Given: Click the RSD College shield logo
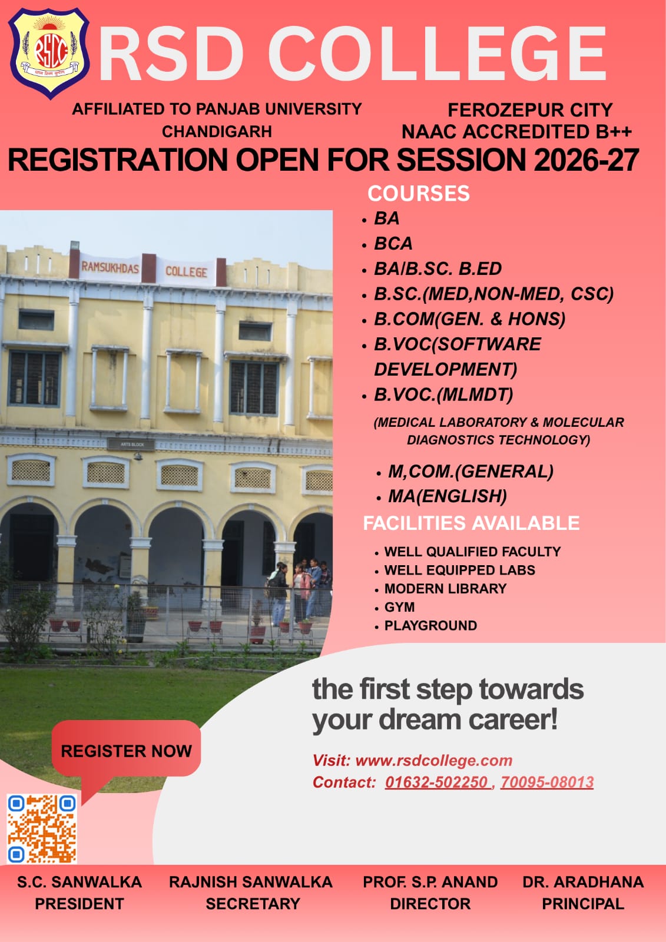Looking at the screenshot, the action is pyautogui.click(x=48, y=52).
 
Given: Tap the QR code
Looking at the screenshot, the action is pyautogui.click(x=42, y=828).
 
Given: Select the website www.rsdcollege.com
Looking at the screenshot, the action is pyautogui.click(x=434, y=760).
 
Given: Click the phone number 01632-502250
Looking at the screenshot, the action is pyautogui.click(x=437, y=782).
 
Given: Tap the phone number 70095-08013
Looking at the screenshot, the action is pyautogui.click(x=547, y=782).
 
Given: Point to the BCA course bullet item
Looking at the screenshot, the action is pyautogui.click(x=393, y=244).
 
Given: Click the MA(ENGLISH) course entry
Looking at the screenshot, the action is pyautogui.click(x=447, y=496).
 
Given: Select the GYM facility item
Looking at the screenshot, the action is pyautogui.click(x=399, y=607).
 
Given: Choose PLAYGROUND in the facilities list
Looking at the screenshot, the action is pyautogui.click(x=430, y=626).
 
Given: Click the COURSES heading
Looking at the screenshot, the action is pyautogui.click(x=419, y=194).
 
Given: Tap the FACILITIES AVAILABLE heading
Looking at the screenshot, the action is pyautogui.click(x=471, y=523).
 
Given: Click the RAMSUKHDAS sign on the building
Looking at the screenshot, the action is pyautogui.click(x=110, y=268).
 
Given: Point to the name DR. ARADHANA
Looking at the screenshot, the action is pyautogui.click(x=583, y=882).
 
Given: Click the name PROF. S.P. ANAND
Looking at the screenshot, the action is pyautogui.click(x=430, y=882).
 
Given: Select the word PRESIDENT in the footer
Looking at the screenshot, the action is pyautogui.click(x=79, y=904).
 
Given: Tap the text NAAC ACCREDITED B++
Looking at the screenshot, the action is pyautogui.click(x=516, y=132).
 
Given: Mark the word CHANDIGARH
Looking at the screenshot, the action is pyautogui.click(x=217, y=132).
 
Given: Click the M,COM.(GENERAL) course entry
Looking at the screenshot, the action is pyautogui.click(x=470, y=472).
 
